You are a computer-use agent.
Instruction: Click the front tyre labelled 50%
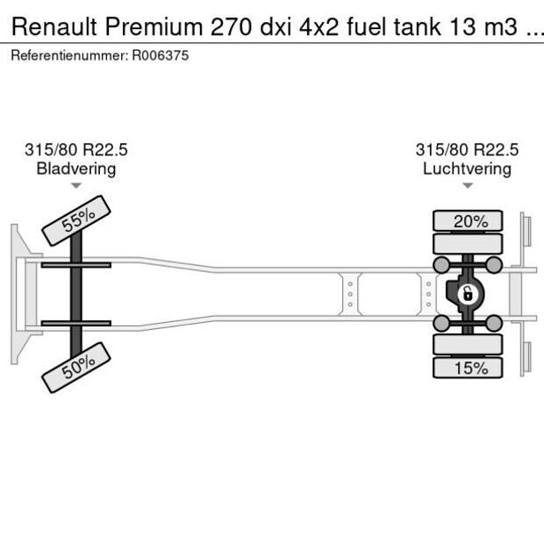coord(76,366)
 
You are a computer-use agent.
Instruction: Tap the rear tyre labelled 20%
coord(469,221)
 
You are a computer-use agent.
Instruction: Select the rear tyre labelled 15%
coord(469,368)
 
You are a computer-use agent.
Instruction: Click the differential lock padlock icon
coord(468,293)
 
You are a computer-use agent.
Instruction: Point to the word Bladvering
coord(76,168)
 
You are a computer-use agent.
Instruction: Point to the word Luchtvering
coord(467,168)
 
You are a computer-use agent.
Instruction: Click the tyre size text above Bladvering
coord(76,150)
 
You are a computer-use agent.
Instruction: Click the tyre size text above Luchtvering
coord(467,150)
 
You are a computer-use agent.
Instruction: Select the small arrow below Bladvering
coord(76,186)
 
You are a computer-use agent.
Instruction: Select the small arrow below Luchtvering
coord(467,186)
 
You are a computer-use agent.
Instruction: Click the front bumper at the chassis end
coord(17,293)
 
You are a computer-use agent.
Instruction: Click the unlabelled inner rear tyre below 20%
coord(469,244)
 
